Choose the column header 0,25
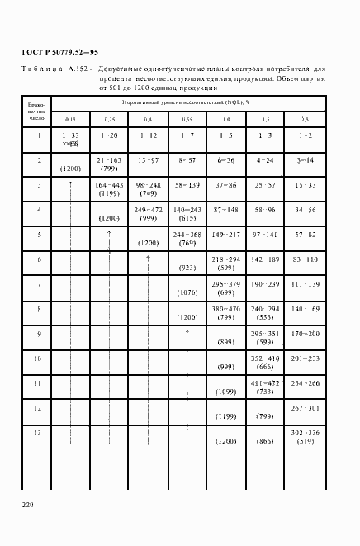pyautogui.click(x=109, y=119)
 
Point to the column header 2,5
pyautogui.click(x=305, y=119)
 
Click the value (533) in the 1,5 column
pyautogui.click(x=265, y=316)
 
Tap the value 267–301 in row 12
pyautogui.click(x=305, y=408)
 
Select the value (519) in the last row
pyautogui.click(x=305, y=442)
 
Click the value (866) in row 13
pyautogui.click(x=265, y=442)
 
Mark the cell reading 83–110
pyautogui.click(x=305, y=259)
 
